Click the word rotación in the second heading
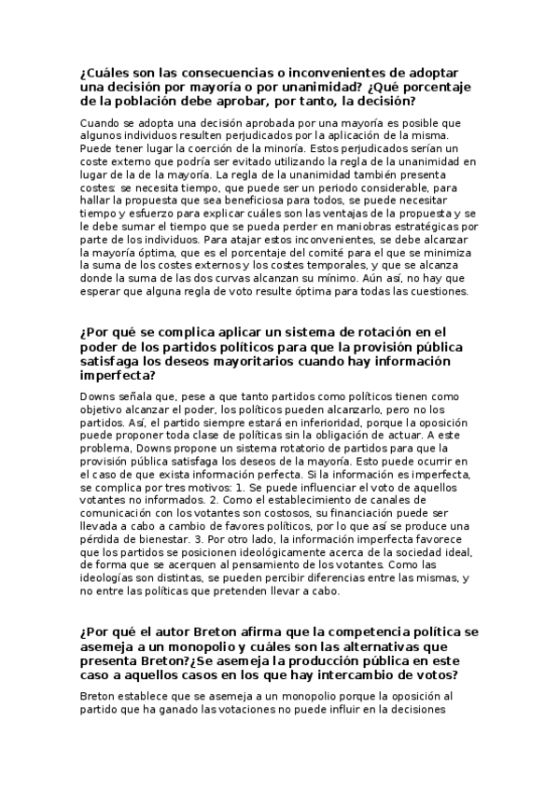coord(355,331)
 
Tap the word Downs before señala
coord(100,396)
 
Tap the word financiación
coord(384,513)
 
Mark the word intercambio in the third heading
coord(354,674)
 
